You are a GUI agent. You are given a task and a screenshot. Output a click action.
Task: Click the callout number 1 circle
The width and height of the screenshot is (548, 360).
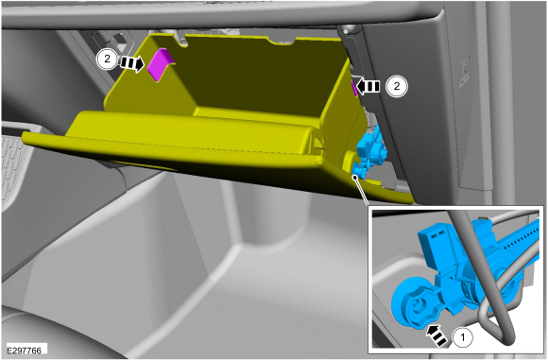463,337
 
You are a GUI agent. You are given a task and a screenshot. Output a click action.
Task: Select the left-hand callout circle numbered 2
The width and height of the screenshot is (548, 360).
107,60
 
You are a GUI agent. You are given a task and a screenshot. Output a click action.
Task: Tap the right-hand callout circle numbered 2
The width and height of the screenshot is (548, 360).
397,86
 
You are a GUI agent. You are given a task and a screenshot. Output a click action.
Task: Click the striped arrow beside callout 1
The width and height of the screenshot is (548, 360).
437,335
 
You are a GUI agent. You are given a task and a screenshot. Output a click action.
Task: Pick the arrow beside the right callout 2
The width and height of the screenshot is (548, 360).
368,86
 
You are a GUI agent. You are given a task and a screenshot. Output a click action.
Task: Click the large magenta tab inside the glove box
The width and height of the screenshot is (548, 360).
160,64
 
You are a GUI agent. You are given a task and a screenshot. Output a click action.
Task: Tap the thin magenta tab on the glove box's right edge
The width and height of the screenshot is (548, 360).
354,87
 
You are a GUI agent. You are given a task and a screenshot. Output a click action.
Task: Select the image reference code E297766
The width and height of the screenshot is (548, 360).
25,351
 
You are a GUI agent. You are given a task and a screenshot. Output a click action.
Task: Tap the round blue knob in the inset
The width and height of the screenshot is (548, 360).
412,305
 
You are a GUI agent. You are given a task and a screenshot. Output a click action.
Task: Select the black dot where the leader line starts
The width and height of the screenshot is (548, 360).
355,178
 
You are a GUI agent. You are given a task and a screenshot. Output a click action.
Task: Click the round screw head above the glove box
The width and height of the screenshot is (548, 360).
347,29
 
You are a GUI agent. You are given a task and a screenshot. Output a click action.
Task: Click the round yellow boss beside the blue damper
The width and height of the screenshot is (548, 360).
350,161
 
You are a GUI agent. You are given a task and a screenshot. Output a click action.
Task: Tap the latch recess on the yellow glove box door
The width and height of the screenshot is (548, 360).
316,144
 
